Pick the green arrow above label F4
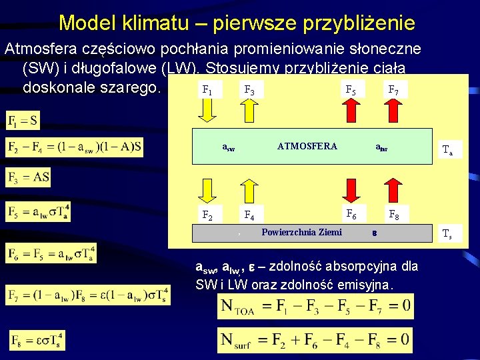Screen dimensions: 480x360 click(249, 189)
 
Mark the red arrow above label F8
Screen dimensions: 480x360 click(393, 189)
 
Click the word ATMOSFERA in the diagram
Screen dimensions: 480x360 click(307, 146)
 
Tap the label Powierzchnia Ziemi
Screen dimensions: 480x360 click(301, 232)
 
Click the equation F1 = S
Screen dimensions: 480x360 click(23, 121)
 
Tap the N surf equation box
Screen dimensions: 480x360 click(315, 341)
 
